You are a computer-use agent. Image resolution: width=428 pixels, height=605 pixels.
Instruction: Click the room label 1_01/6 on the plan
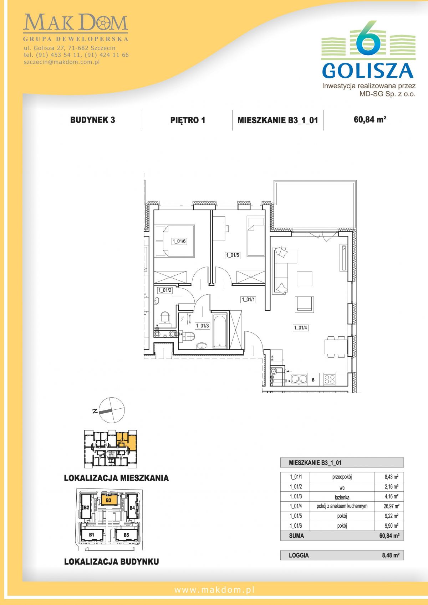179,241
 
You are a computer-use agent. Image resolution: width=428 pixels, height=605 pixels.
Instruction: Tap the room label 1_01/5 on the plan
233,255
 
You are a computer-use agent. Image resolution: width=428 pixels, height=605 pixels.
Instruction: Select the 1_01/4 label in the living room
300,327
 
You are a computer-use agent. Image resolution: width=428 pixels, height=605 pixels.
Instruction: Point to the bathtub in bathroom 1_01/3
220,331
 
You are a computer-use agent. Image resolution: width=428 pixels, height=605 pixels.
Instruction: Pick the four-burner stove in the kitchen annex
329,379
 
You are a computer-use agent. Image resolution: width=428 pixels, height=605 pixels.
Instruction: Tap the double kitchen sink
299,379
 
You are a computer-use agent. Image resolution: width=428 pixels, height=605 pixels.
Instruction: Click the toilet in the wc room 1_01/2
165,317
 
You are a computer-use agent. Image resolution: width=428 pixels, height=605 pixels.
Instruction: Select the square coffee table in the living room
305,279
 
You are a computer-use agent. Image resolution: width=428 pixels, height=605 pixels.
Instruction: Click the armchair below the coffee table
305,304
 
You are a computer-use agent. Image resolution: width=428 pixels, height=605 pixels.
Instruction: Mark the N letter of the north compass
95,412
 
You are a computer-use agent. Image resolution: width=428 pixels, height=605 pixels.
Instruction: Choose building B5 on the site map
126,534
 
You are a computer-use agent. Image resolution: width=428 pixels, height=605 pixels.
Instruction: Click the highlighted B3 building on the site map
109,500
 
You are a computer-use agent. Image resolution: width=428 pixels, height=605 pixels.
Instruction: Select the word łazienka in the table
342,497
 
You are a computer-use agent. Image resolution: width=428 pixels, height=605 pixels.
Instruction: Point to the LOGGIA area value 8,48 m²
391,555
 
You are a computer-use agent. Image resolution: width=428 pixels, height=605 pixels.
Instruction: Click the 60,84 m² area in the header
370,119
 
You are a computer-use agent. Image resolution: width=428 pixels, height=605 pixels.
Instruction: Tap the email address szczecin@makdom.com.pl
62,62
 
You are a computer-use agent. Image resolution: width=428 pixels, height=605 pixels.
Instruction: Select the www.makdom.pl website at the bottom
214,590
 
